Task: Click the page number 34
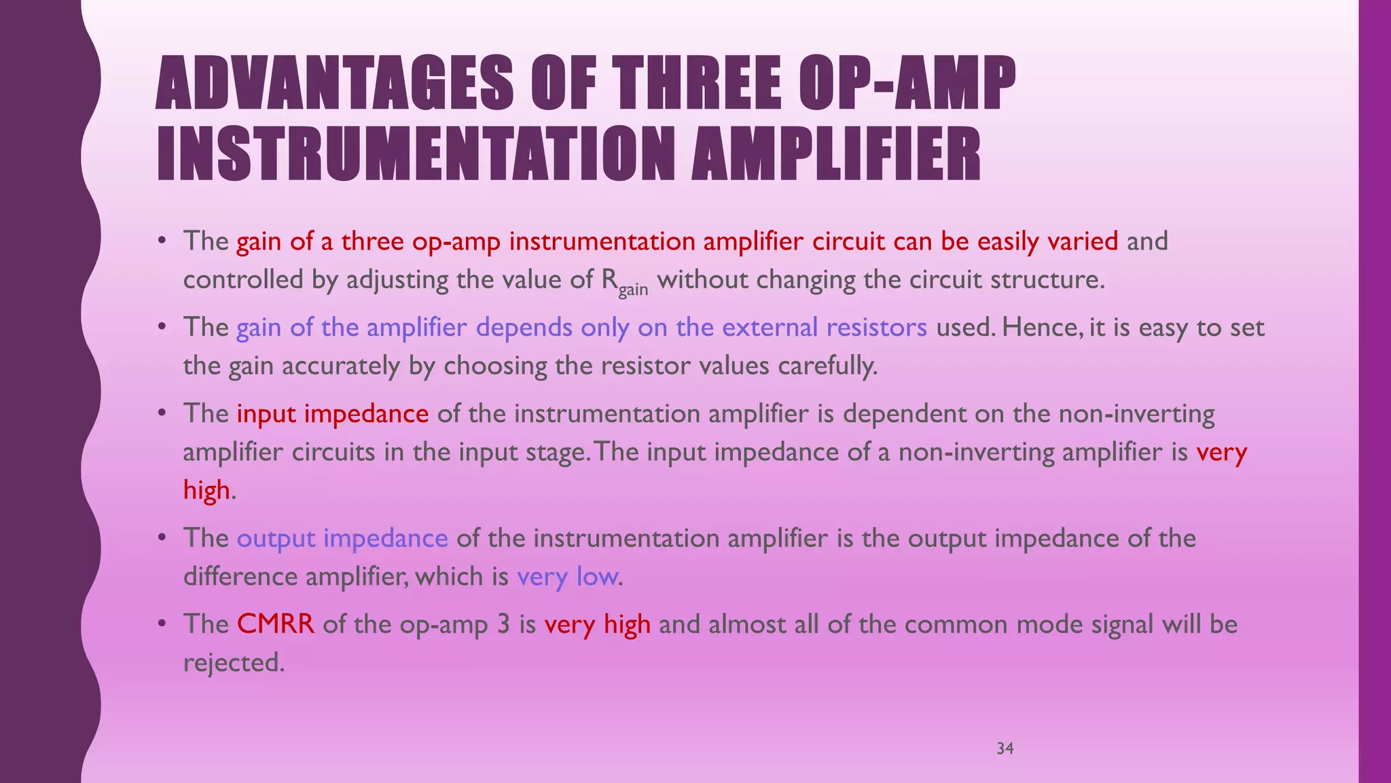coord(1005,748)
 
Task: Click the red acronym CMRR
coord(276,624)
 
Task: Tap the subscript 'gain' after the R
coord(633,289)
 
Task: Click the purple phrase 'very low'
coord(568,577)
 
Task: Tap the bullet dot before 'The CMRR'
coord(162,623)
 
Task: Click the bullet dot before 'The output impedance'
coord(162,538)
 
